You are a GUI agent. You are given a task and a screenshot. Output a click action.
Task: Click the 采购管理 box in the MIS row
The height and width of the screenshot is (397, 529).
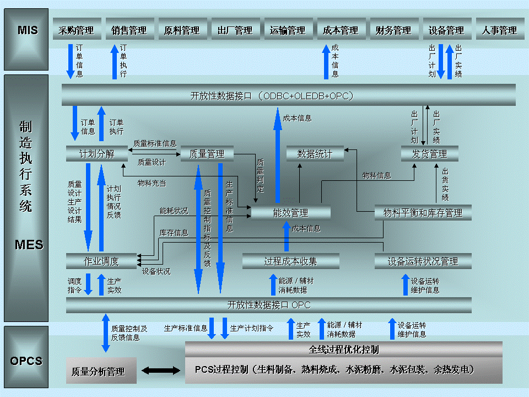pyautogui.click(x=77, y=30)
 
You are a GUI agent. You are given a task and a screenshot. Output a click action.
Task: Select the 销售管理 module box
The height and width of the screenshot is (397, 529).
pyautogui.click(x=129, y=30)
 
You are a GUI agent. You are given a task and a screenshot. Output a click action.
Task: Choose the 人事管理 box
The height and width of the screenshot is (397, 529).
pyautogui.click(x=499, y=30)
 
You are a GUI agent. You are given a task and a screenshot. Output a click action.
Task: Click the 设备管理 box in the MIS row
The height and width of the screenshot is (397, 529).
pyautogui.click(x=446, y=30)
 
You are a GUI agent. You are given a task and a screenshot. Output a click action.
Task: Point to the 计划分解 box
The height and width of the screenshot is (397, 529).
pyautogui.click(x=97, y=154)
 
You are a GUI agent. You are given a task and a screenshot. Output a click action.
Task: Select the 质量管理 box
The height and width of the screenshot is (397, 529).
pyautogui.click(x=207, y=154)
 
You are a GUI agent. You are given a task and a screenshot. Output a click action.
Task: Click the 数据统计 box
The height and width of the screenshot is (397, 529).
pyautogui.click(x=315, y=154)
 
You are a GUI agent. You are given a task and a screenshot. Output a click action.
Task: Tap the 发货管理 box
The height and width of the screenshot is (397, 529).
pyautogui.click(x=430, y=154)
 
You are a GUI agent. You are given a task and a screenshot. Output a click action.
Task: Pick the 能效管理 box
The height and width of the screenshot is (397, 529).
pyautogui.click(x=290, y=213)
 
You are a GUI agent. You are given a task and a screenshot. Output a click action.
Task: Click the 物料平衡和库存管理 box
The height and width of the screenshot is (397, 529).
pyautogui.click(x=423, y=213)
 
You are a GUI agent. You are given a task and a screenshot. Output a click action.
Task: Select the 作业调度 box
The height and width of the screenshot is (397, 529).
pyautogui.click(x=101, y=261)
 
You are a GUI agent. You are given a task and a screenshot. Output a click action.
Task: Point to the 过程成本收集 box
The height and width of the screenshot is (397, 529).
pyautogui.click(x=290, y=261)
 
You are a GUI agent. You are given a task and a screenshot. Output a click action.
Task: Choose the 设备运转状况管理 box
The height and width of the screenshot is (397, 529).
pyautogui.click(x=423, y=261)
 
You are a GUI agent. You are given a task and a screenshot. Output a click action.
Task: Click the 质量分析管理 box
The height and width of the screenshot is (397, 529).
pyautogui.click(x=98, y=372)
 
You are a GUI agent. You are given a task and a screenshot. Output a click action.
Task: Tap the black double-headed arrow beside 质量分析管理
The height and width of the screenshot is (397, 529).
pyautogui.click(x=161, y=369)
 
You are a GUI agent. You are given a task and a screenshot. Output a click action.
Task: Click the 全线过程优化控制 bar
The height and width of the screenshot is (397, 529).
pyautogui.click(x=343, y=350)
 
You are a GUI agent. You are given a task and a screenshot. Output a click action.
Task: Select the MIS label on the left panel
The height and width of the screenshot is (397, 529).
pyautogui.click(x=28, y=30)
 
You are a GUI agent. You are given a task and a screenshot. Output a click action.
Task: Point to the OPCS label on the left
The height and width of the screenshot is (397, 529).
pyautogui.click(x=26, y=361)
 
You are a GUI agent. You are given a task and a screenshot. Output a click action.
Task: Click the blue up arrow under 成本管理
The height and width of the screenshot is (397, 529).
pyautogui.click(x=326, y=61)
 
